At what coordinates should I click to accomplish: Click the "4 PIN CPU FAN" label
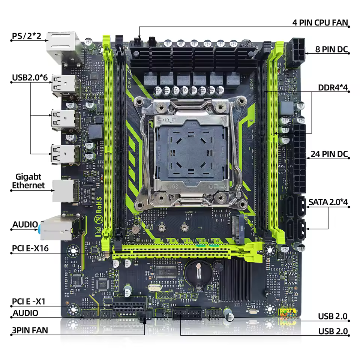320,22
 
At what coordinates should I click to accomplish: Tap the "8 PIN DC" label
328,49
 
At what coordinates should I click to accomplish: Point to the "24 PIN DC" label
329,154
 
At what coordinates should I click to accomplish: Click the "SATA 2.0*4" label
328,202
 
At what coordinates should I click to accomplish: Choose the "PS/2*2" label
26,36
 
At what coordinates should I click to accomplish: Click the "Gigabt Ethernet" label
28,181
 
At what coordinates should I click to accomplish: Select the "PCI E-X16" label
30,248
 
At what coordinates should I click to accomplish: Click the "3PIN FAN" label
30,331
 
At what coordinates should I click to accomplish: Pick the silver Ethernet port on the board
63,191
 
